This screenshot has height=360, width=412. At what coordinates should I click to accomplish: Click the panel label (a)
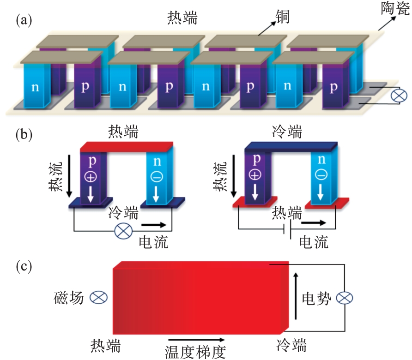point(24,20)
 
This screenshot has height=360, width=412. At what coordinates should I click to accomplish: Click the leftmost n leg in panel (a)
point(35,87)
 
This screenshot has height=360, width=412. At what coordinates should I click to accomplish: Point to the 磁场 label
point(69,298)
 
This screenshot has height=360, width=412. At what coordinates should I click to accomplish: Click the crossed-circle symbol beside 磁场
point(97,298)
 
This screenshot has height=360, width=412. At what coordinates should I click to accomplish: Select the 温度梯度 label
point(195,352)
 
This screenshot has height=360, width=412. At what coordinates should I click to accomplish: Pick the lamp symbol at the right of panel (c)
point(344,298)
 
